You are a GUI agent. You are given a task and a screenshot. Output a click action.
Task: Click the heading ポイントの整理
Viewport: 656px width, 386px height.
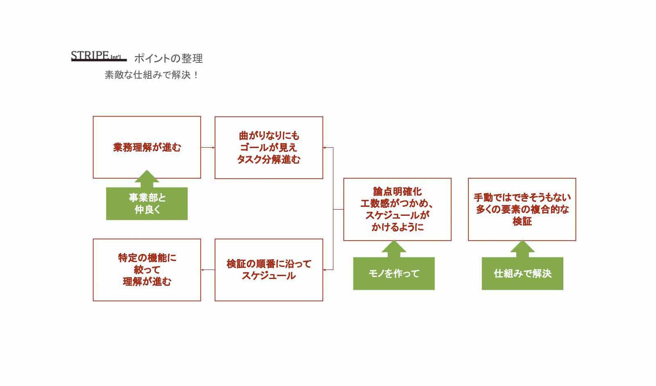coord(169,59)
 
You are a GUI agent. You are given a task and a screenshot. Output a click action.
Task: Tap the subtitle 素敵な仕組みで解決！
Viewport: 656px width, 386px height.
coord(152,75)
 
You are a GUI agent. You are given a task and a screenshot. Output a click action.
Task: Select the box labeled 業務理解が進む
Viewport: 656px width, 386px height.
coord(147,147)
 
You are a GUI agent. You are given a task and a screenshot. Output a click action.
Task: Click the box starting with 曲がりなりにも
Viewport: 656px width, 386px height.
coord(269,147)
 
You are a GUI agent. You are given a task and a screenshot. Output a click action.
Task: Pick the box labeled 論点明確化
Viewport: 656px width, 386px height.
coord(397,209)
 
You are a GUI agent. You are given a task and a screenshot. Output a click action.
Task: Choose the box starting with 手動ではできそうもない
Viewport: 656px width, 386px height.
coord(522,209)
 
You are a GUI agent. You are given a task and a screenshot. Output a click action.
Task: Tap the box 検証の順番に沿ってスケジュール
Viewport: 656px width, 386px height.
coord(269,270)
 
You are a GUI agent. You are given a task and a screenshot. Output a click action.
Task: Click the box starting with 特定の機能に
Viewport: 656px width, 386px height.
coord(147,270)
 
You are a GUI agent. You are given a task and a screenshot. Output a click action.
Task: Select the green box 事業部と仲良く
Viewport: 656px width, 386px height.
coord(147,204)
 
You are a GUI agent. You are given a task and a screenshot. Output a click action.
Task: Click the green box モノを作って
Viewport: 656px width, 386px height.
coord(394,274)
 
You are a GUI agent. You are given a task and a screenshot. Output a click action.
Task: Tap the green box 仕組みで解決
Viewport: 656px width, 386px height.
coord(522,274)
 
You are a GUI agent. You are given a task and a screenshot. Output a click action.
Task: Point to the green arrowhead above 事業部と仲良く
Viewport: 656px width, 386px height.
coord(147,177)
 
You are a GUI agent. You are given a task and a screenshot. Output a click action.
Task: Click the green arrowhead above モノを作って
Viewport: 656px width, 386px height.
coord(394,247)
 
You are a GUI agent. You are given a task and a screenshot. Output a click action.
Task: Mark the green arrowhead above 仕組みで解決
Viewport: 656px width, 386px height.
coord(522,247)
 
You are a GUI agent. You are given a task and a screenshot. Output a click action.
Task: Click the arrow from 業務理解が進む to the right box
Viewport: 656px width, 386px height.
coord(208,147)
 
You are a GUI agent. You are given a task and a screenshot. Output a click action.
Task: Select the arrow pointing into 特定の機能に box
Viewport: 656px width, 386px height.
coord(208,270)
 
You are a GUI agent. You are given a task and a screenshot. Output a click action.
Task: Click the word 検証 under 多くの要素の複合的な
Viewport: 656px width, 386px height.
coord(522,222)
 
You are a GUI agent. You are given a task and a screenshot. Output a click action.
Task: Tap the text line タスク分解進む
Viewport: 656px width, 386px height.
coord(269,160)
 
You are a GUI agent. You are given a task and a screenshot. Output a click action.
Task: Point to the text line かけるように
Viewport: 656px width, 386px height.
coord(397,227)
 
